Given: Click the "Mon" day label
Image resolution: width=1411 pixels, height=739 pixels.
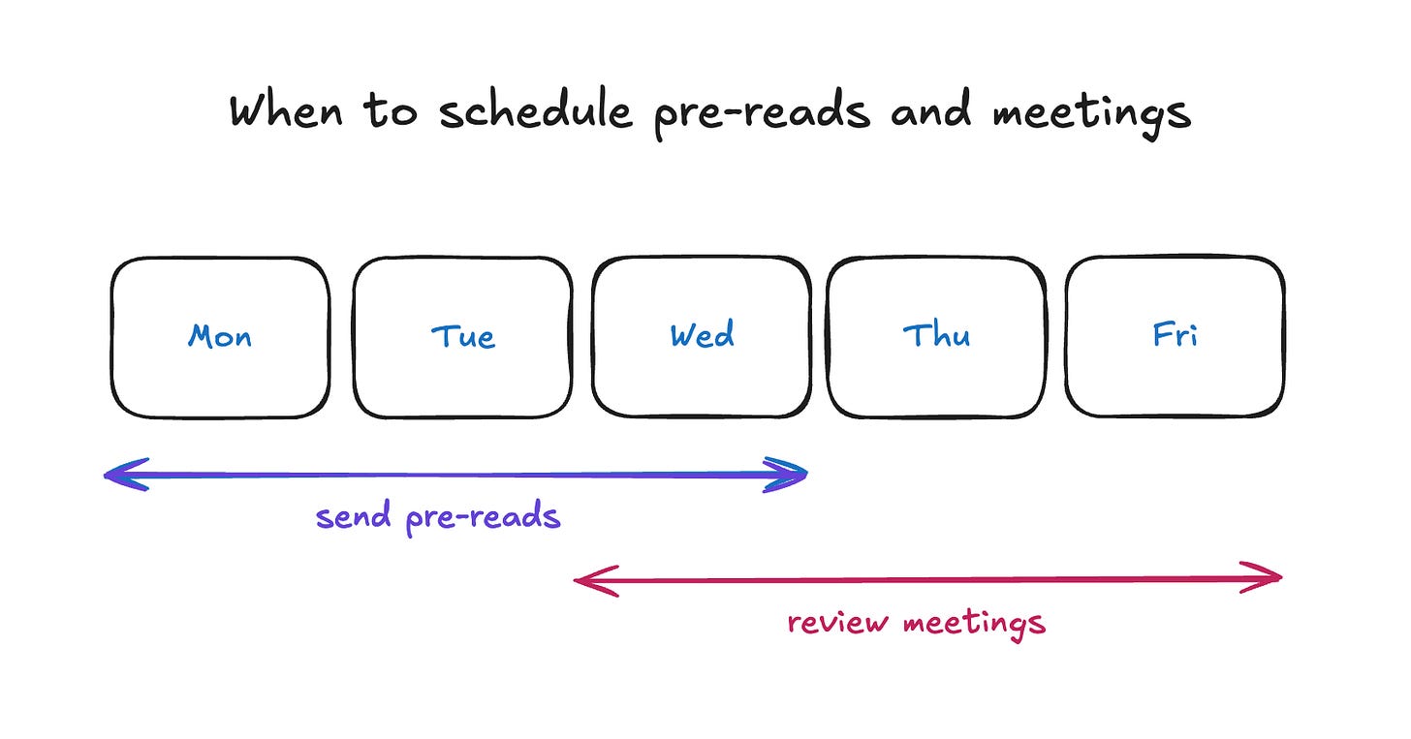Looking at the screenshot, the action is pos(220,337).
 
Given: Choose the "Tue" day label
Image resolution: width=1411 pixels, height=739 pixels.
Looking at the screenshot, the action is pos(462,337).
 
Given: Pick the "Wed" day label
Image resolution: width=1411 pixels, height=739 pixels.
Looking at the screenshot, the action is pos(702,336).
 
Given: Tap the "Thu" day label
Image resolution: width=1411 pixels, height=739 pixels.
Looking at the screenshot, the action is pos(936,336).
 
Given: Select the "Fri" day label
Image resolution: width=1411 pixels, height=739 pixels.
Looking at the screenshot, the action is pos(1175,336).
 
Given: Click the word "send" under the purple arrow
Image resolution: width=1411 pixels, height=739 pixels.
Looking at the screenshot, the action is pos(354,516).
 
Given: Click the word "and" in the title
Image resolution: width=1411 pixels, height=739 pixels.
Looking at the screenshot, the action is pos(931,111).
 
